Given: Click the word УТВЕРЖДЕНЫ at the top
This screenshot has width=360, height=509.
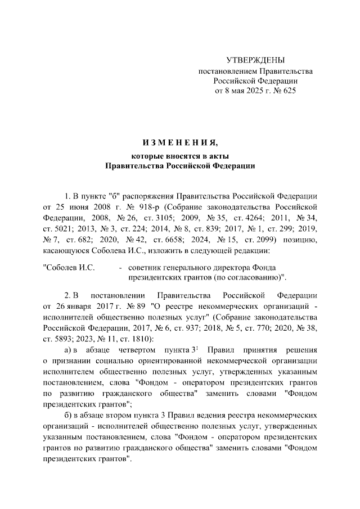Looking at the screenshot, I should (255, 60).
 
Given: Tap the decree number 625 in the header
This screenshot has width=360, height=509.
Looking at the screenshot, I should (287, 91).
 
